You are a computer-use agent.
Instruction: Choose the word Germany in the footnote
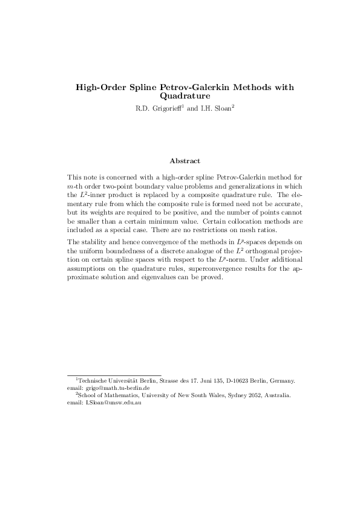pyautogui.click(x=282, y=381)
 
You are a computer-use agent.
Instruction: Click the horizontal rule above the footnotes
pyautogui.click(x=114, y=374)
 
